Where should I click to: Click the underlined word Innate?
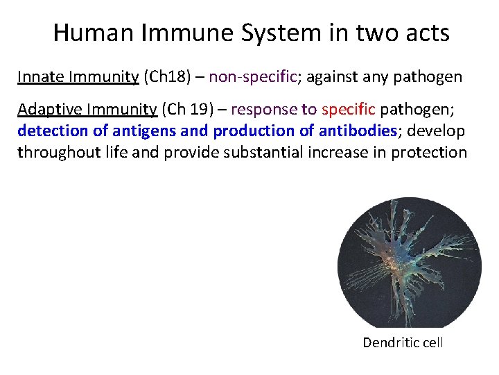(x=41, y=76)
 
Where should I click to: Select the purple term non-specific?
(x=252, y=76)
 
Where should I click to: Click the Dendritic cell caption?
(x=403, y=342)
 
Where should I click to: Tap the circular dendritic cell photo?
(x=409, y=262)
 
